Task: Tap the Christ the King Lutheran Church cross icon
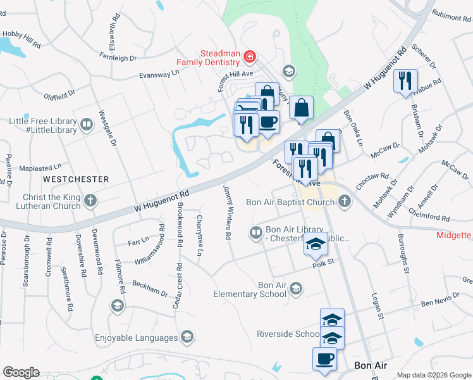click(90, 201)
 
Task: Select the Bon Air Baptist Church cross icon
click(345, 202)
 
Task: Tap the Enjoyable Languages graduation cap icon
click(187, 336)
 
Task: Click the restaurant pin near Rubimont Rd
click(405, 81)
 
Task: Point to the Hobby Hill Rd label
click(21, 40)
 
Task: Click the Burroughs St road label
click(403, 254)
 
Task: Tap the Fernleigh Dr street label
click(118, 58)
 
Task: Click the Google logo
click(21, 372)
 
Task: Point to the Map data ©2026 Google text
click(434, 375)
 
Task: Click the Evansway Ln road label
click(159, 75)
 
